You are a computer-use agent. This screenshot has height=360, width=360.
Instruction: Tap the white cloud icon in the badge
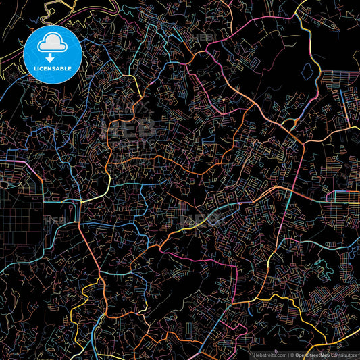click(53, 44)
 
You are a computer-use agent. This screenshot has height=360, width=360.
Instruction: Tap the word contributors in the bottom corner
click(344, 354)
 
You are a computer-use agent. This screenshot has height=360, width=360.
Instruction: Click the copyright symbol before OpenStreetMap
click(292, 354)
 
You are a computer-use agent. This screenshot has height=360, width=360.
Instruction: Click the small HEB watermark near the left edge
click(53, 220)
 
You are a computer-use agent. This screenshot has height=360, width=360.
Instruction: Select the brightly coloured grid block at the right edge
click(344, 197)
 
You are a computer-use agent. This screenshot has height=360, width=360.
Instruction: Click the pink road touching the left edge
click(14, 162)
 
